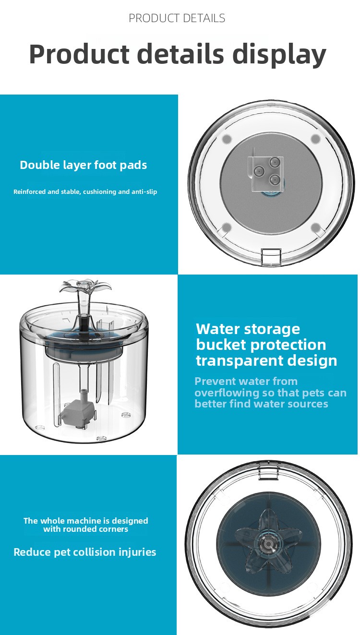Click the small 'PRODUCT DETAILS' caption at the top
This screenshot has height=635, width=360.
[177, 18]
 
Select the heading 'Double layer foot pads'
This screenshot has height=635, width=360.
[84, 165]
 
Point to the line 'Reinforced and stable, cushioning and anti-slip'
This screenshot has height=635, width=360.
[85, 192]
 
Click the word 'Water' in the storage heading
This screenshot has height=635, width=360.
[217, 329]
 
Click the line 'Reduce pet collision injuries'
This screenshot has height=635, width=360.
[85, 552]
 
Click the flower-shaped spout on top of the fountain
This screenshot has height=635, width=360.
[83, 287]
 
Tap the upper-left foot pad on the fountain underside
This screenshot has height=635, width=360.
[227, 139]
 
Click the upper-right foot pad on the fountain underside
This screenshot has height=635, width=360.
[315, 139]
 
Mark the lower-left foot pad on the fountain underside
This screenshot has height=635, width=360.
[226, 227]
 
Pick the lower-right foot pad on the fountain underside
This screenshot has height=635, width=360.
[315, 227]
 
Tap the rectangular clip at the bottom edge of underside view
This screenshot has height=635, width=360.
[271, 256]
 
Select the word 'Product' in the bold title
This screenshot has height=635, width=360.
[79, 54]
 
